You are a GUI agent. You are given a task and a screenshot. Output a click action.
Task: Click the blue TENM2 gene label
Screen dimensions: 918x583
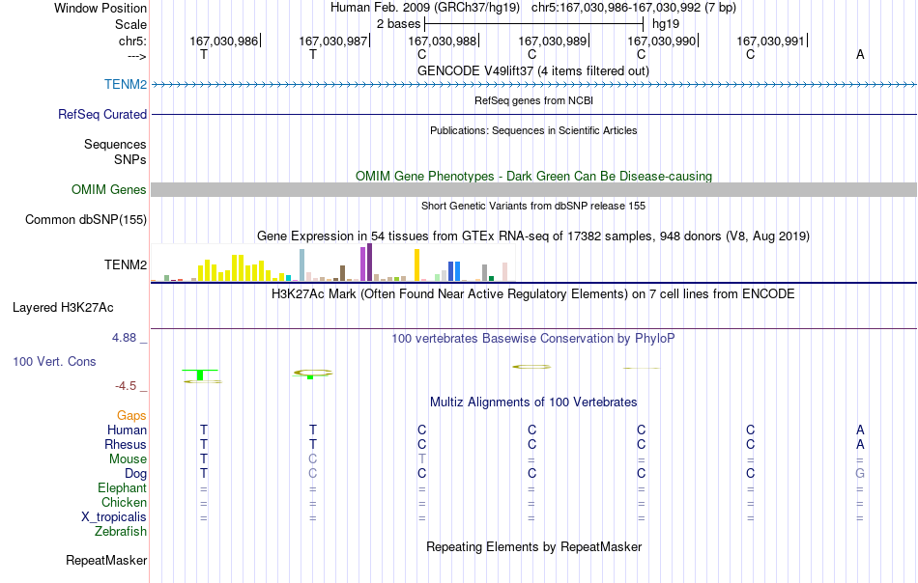point(126,84)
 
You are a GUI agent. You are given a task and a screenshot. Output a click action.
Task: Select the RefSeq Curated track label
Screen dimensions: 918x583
point(101,114)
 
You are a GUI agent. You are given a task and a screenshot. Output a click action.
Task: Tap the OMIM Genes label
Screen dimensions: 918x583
point(108,189)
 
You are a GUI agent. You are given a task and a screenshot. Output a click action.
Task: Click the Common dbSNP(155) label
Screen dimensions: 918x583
point(85,220)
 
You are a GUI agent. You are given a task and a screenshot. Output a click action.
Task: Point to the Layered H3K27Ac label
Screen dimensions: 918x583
point(63,308)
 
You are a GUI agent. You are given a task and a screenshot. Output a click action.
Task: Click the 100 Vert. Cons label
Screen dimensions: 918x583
point(54,361)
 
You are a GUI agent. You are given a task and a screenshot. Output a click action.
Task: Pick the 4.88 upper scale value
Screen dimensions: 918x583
point(124,338)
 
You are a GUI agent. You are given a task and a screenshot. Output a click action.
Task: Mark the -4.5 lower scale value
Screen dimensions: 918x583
point(126,386)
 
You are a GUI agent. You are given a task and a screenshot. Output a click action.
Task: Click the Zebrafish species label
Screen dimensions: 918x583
point(121,532)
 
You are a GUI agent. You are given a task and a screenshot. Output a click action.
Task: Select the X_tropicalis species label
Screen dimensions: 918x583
point(114,517)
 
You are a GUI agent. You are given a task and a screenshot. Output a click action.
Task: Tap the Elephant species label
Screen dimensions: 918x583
point(122,487)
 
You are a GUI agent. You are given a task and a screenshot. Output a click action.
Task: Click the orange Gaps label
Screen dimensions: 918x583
point(131,415)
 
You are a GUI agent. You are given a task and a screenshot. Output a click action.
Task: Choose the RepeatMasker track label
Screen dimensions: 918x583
point(106,560)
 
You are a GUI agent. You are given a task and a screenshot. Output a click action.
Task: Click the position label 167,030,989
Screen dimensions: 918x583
point(552,41)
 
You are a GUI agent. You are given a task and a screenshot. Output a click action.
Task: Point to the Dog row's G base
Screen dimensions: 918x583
point(859,473)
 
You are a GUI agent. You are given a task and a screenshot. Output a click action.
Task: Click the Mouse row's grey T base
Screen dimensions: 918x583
point(422,459)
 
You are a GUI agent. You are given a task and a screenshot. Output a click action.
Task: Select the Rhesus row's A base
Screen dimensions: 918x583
point(860,444)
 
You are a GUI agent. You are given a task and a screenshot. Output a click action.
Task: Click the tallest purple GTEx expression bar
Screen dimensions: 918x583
point(369,263)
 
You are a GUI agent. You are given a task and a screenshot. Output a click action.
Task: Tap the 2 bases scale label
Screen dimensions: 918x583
point(398,24)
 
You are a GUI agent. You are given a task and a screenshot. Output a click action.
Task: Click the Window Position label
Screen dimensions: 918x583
point(100,8)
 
